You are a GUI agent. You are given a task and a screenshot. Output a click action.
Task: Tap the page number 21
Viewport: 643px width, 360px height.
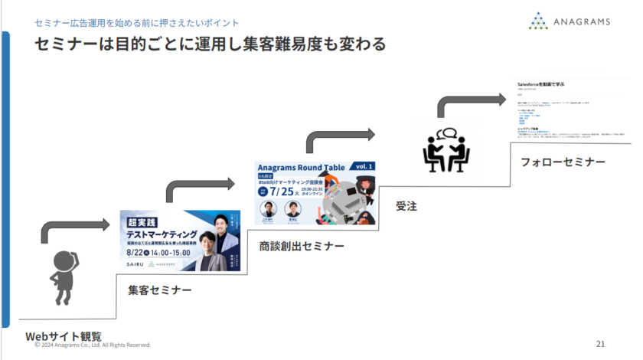point(600,342)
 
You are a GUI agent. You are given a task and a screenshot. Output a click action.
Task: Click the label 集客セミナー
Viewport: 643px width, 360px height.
point(159,290)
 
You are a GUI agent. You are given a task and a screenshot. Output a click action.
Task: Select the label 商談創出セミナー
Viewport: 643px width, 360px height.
point(301,246)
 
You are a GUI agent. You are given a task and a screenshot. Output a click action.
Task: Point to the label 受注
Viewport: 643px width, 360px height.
point(406,205)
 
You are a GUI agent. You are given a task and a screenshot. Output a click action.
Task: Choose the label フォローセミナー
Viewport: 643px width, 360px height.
point(563,162)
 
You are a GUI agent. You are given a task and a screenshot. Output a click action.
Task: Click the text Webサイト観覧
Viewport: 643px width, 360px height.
point(63,335)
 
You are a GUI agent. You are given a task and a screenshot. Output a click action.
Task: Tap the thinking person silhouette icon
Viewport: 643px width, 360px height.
point(63,277)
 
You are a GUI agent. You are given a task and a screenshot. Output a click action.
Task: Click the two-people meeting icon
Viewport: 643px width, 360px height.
point(446,150)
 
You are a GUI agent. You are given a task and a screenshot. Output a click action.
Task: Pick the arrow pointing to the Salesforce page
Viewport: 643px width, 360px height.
point(471,100)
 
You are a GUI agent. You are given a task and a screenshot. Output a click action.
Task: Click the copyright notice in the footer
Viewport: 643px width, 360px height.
point(92,345)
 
